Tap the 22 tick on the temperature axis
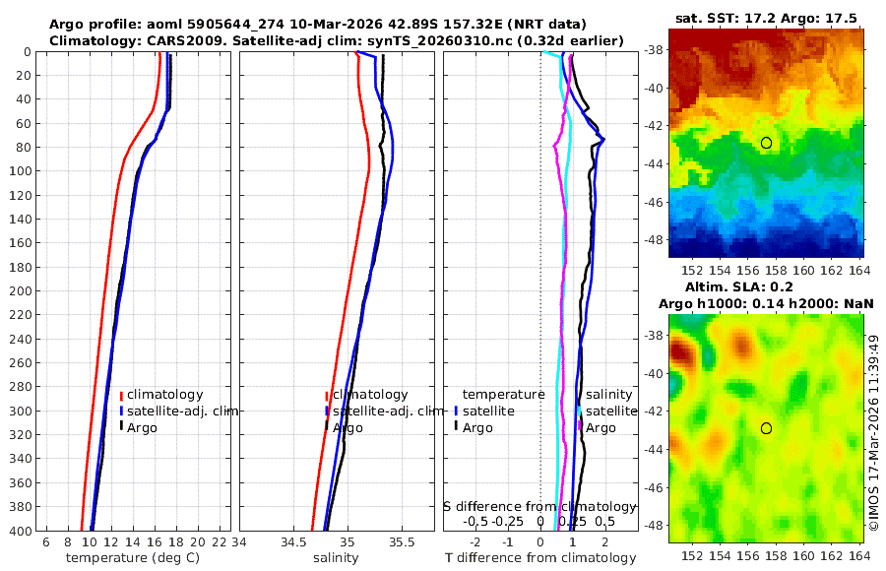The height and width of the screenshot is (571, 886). (x=221, y=542)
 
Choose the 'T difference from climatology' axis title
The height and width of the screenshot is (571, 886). (x=540, y=558)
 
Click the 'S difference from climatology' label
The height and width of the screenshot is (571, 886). (x=539, y=506)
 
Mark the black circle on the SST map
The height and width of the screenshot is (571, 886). (x=766, y=143)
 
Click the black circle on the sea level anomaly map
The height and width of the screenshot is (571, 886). (x=766, y=428)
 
